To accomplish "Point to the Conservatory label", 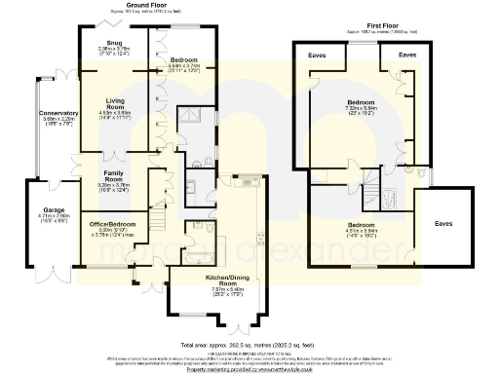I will [58, 114].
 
